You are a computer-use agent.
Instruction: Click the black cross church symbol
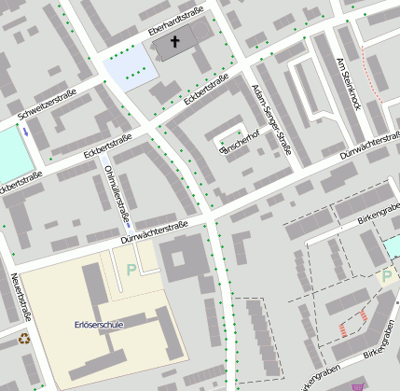point(173,42)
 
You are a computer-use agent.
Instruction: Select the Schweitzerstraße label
point(46,105)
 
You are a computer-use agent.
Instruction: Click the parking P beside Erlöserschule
point(131,270)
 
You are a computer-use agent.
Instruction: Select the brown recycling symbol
point(24,338)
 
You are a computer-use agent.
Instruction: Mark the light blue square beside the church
point(127,67)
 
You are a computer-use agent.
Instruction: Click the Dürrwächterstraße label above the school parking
point(155,231)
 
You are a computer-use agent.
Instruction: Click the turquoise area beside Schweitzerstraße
point(11,154)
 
